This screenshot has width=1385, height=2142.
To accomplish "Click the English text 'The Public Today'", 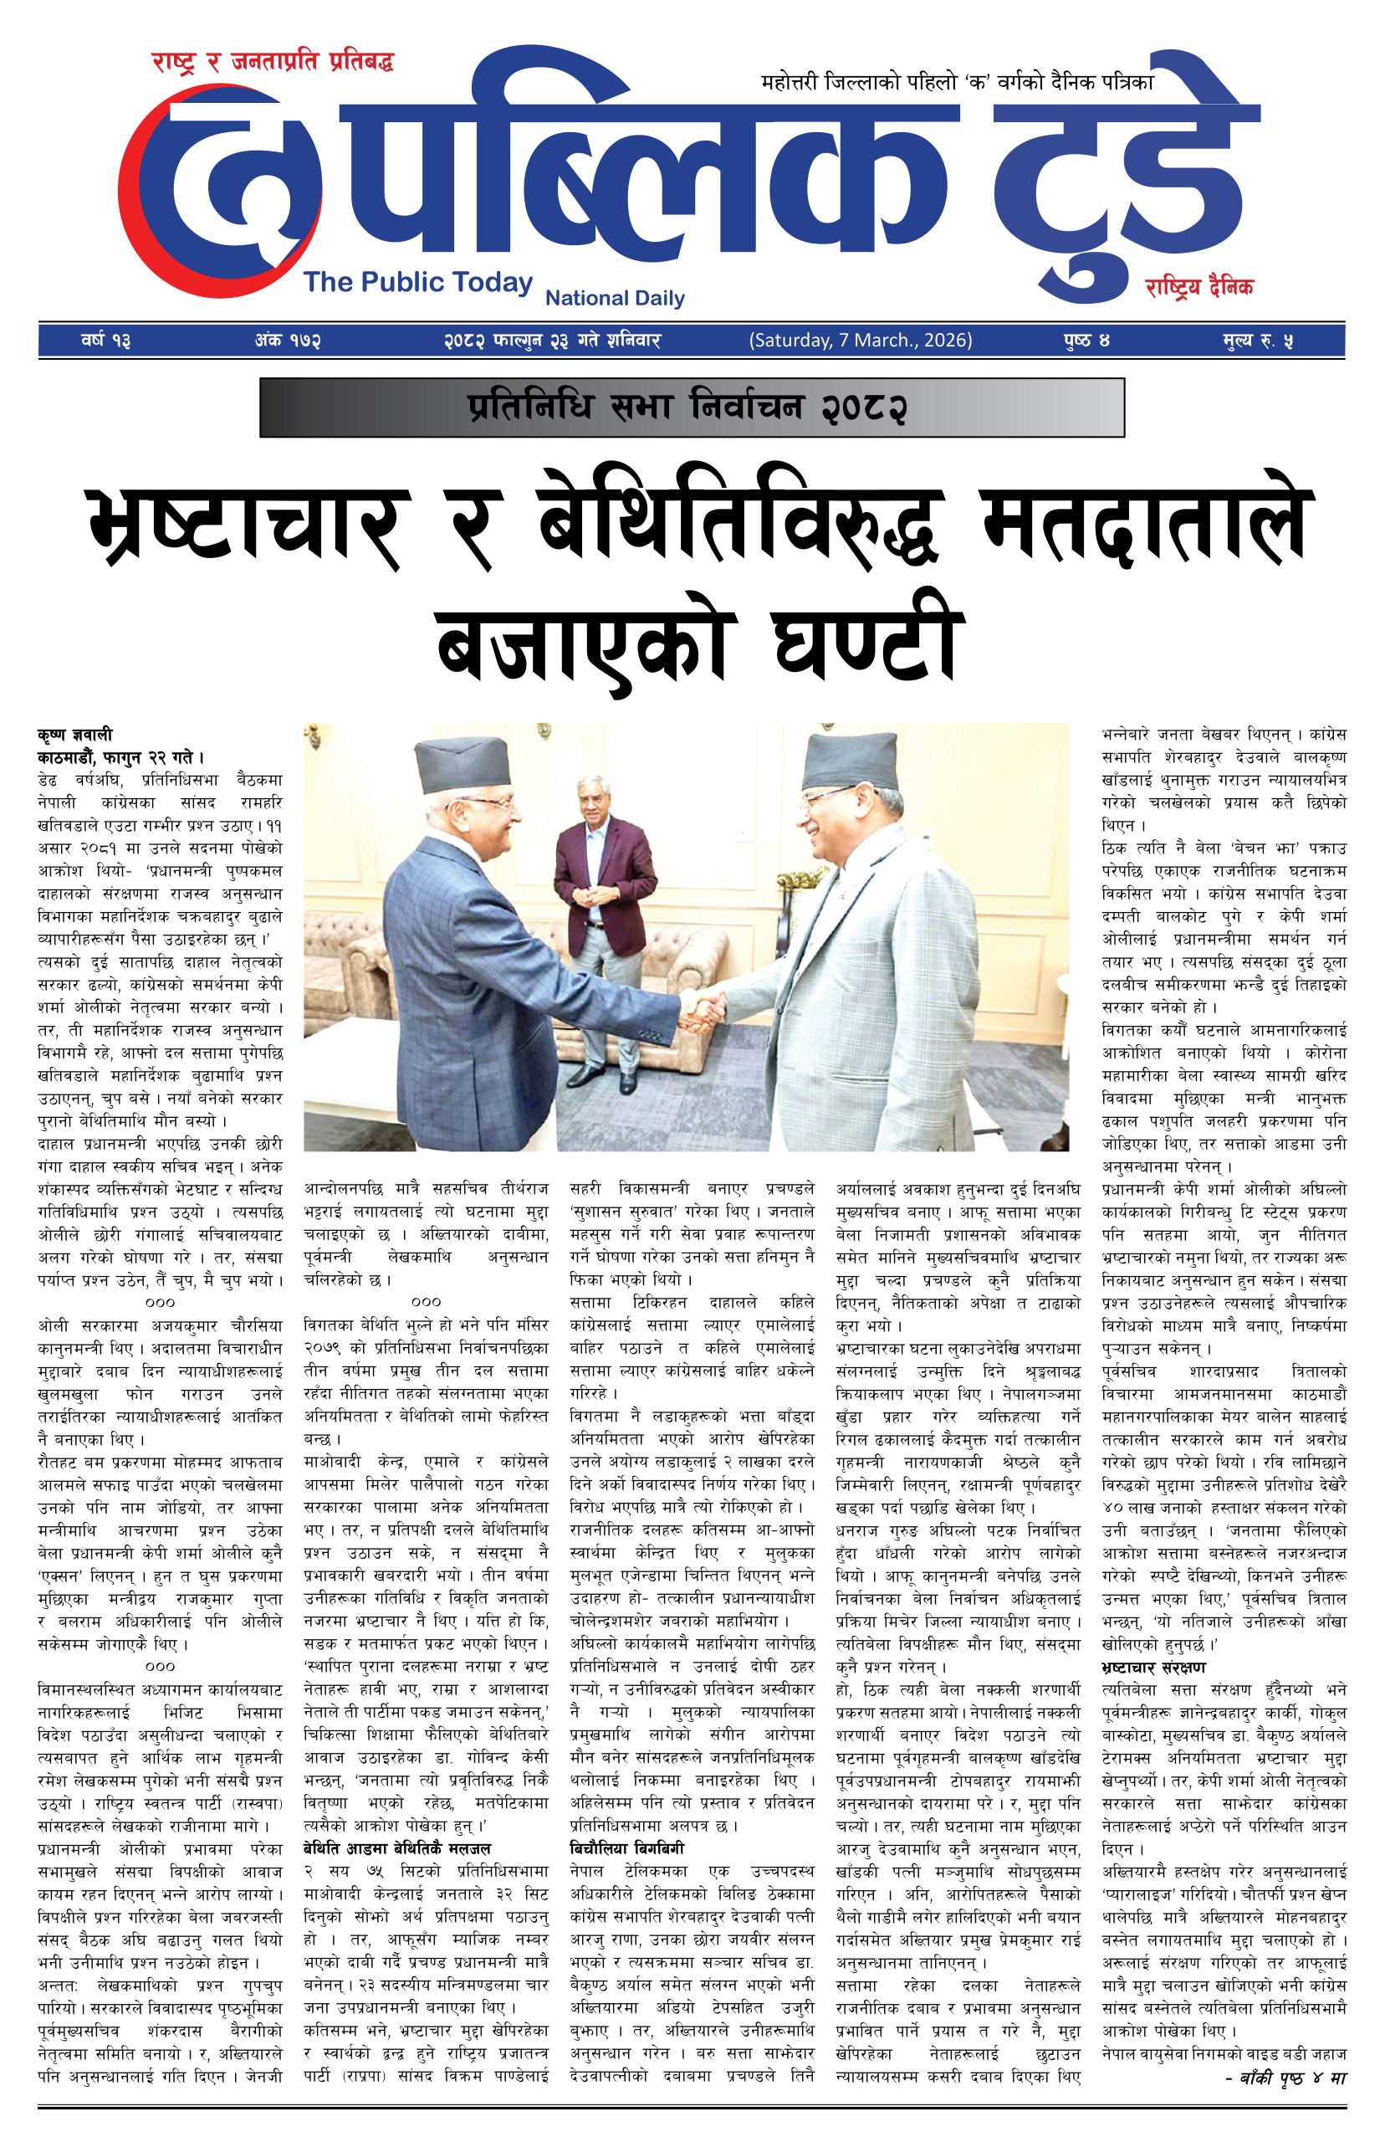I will [x=418, y=283].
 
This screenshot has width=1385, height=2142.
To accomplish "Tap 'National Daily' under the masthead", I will [x=616, y=298].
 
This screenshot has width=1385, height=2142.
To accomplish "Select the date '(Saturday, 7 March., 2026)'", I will [x=860, y=341].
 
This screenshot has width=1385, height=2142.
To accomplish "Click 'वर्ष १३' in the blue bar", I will [x=105, y=341].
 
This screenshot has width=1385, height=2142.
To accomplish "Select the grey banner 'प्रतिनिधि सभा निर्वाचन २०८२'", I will [x=692, y=407].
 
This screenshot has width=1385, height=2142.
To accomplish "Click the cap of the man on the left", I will [x=468, y=776].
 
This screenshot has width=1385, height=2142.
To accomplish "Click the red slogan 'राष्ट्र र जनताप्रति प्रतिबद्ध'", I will [x=273, y=64].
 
